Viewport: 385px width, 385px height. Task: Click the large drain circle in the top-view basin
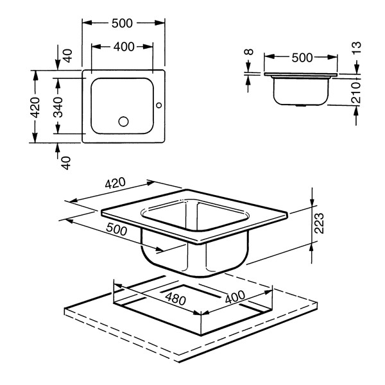point(123,121)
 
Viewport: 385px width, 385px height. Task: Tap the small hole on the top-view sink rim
point(159,105)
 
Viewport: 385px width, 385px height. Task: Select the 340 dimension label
point(58,107)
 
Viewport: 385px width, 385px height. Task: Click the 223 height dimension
point(319,223)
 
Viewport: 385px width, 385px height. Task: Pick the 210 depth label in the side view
point(356,92)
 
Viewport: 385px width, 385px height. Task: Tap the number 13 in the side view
point(357,48)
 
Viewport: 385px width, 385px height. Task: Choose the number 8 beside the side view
point(249,52)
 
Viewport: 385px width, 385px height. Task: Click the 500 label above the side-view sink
point(302,58)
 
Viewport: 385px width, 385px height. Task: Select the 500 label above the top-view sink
point(122,23)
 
